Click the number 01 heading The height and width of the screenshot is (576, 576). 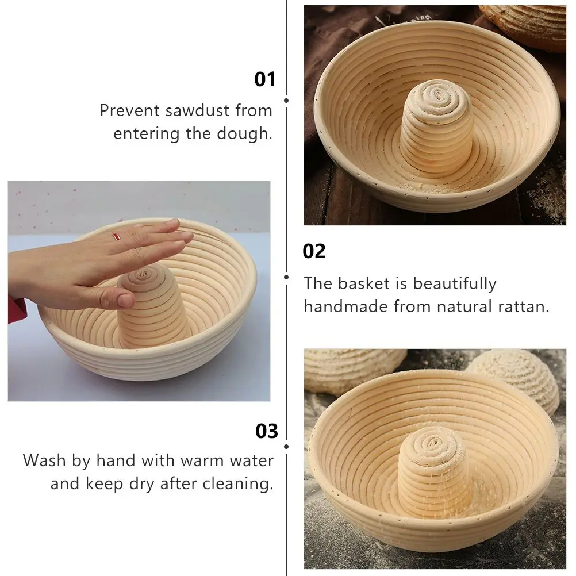(265, 79)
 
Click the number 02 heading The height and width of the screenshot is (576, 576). (314, 252)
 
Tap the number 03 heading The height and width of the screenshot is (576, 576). (267, 431)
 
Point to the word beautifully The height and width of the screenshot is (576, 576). (455, 283)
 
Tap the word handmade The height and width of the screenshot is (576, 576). (345, 306)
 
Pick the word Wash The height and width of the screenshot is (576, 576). (45, 460)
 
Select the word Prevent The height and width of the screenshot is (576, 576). (129, 110)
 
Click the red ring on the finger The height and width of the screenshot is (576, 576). (117, 237)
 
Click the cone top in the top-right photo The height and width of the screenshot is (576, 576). (437, 95)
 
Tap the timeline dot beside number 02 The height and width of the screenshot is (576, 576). (286, 277)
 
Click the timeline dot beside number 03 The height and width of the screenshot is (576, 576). (286, 447)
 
